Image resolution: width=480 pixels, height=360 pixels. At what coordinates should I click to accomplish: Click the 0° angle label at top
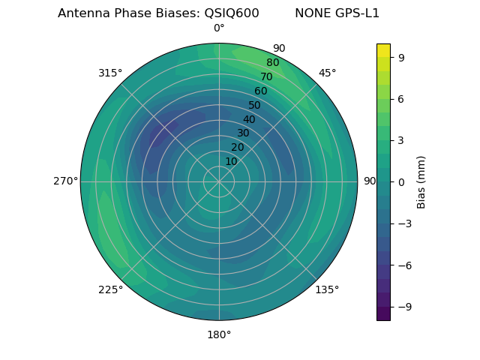219,28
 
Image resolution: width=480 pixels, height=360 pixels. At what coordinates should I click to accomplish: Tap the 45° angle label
327,73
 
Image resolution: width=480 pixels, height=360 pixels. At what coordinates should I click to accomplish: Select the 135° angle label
327,289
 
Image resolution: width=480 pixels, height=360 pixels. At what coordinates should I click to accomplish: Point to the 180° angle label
219,334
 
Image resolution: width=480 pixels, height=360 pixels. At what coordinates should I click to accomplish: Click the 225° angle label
110,289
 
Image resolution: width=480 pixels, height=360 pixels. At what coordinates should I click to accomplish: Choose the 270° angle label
65,181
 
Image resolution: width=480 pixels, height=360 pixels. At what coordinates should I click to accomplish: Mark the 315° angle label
110,73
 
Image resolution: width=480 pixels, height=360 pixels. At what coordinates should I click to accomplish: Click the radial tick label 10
231,161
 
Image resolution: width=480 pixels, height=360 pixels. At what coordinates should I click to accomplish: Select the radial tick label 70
266,77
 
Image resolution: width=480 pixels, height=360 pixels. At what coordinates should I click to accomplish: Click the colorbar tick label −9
403,306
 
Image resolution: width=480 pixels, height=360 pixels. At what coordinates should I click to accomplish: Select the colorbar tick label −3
403,223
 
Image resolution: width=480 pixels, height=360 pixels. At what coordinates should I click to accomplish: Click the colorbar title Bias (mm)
421,181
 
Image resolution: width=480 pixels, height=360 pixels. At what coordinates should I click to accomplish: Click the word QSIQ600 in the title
232,13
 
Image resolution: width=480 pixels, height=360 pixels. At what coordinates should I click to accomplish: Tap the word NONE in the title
311,13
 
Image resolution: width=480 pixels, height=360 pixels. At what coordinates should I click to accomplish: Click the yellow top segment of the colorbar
383,50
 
